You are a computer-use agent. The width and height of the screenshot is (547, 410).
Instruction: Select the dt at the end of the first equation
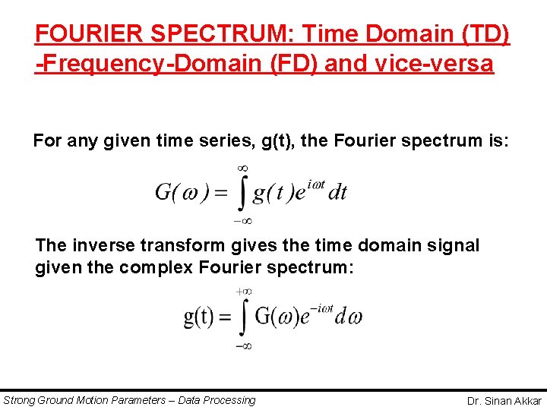(x=337, y=191)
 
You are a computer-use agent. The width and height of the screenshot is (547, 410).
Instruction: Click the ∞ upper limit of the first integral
(x=243, y=166)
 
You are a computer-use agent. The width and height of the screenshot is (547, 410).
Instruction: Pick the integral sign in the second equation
(x=242, y=318)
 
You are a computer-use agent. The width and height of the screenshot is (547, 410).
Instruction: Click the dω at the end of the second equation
(x=351, y=317)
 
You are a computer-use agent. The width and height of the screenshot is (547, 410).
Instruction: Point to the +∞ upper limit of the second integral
(x=243, y=291)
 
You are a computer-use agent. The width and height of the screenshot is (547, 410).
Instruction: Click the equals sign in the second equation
(x=225, y=317)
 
